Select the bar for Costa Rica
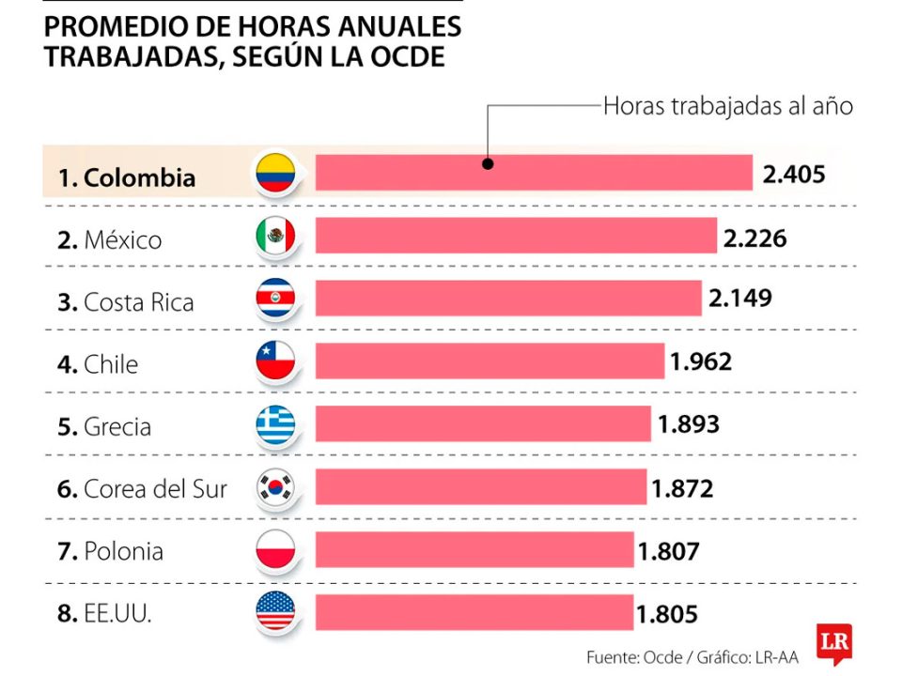pyautogui.click(x=508, y=298)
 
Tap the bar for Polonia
pyautogui.click(x=474, y=549)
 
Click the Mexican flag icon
pyautogui.click(x=275, y=236)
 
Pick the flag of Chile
pyautogui.click(x=275, y=361)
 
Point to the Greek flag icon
pyautogui.click(x=275, y=424)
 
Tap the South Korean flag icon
pyautogui.click(x=275, y=487)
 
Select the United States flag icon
pyautogui.click(x=275, y=613)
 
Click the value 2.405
pyautogui.click(x=794, y=174)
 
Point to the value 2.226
pyautogui.click(x=754, y=238)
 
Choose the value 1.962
pyautogui.click(x=700, y=361)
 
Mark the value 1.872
pyautogui.click(x=682, y=488)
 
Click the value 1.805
pyautogui.click(x=667, y=614)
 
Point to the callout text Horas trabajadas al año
pyautogui.click(x=727, y=106)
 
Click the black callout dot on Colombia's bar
pyautogui.click(x=488, y=162)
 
